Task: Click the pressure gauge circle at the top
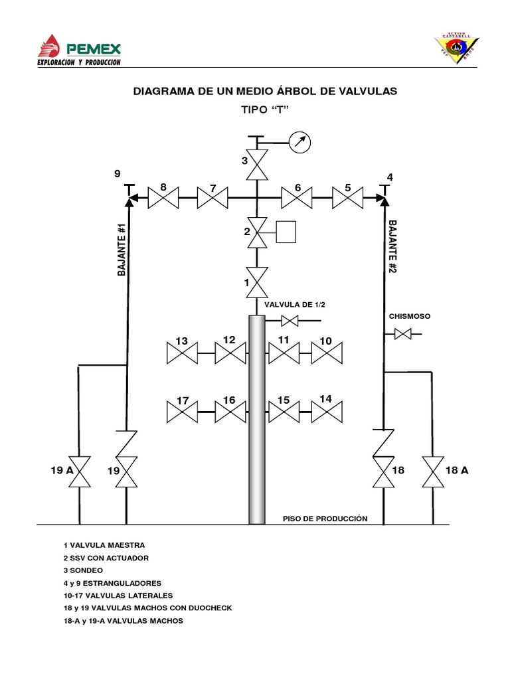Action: click(301, 142)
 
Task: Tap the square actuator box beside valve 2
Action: click(286, 231)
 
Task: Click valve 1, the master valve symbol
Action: click(256, 282)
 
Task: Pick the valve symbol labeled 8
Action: click(163, 197)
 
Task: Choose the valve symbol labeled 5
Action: click(347, 197)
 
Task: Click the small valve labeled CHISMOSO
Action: click(402, 334)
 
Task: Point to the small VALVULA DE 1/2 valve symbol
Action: click(290, 321)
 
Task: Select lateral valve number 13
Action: click(182, 353)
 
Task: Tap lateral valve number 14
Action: click(326, 412)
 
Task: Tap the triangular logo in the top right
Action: click(456, 47)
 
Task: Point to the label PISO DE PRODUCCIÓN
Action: click(325, 519)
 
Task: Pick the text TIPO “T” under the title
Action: click(266, 110)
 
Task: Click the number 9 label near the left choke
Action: click(117, 174)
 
